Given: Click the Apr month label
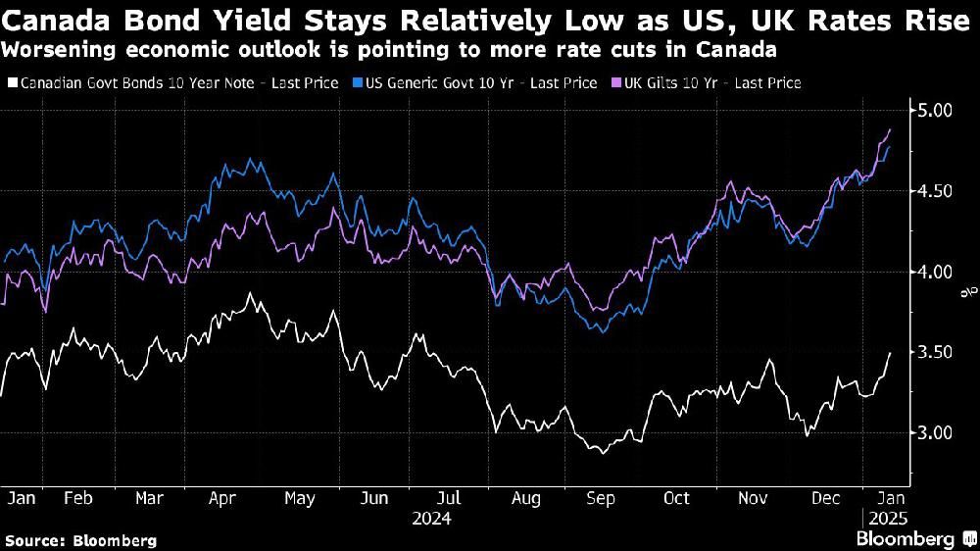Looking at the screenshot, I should [x=223, y=499].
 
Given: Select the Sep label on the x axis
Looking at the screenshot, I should [x=600, y=499].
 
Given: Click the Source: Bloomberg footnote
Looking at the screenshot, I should [x=79, y=540].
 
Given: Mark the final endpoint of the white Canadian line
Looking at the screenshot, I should [x=890, y=353].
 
